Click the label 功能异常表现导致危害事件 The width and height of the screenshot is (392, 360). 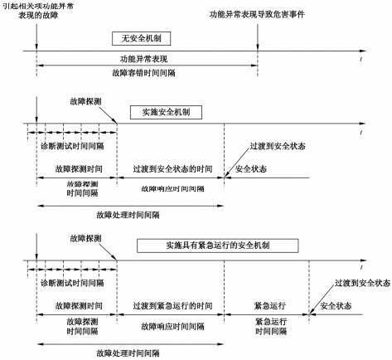click(x=263, y=14)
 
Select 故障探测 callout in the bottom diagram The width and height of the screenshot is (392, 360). click(x=87, y=238)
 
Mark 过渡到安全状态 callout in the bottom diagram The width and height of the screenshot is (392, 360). click(x=354, y=282)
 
